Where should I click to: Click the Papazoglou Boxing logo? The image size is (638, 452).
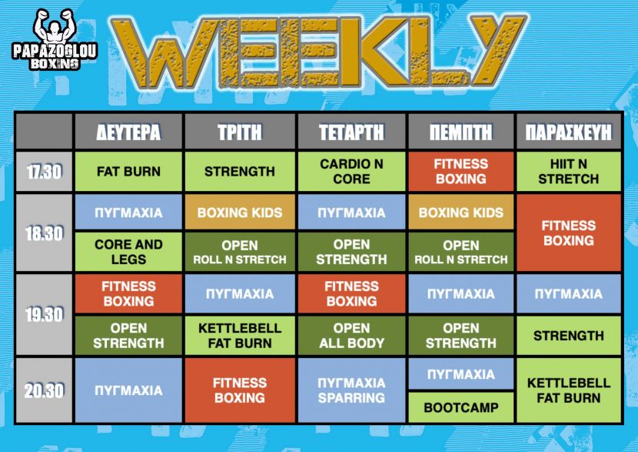pyautogui.click(x=55, y=39)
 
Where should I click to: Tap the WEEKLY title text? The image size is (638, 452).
pyautogui.click(x=318, y=51)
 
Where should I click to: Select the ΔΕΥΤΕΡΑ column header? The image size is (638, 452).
pyautogui.click(x=128, y=132)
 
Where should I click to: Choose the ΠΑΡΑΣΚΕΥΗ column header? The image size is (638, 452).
pyautogui.click(x=568, y=132)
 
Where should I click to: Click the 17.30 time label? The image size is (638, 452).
pyautogui.click(x=44, y=172)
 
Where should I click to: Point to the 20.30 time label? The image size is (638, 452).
pyautogui.click(x=44, y=390)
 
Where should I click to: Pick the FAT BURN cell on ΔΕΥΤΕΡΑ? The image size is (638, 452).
pyautogui.click(x=128, y=172)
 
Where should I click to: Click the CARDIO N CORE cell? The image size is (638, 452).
pyautogui.click(x=351, y=172)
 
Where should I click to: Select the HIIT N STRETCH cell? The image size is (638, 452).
pyautogui.click(x=568, y=172)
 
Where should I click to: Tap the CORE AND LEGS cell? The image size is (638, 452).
pyautogui.click(x=128, y=252)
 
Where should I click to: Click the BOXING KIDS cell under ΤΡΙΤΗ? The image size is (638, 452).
pyautogui.click(x=240, y=212)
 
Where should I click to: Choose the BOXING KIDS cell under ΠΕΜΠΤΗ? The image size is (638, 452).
pyautogui.click(x=461, y=212)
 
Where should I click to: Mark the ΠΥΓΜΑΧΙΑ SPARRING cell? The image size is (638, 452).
pyautogui.click(x=351, y=390)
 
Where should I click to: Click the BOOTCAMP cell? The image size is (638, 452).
pyautogui.click(x=461, y=407)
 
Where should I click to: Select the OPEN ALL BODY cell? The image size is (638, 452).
pyautogui.click(x=351, y=336)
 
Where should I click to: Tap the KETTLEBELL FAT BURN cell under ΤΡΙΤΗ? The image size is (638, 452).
pyautogui.click(x=240, y=336)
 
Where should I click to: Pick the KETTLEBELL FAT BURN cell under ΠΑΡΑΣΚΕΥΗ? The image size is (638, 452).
pyautogui.click(x=568, y=390)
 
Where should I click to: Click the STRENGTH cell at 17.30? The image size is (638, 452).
pyautogui.click(x=240, y=172)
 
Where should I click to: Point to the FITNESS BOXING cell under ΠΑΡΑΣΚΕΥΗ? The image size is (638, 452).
pyautogui.click(x=568, y=233)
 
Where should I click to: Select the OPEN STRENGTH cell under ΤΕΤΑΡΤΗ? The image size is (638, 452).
pyautogui.click(x=351, y=252)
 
